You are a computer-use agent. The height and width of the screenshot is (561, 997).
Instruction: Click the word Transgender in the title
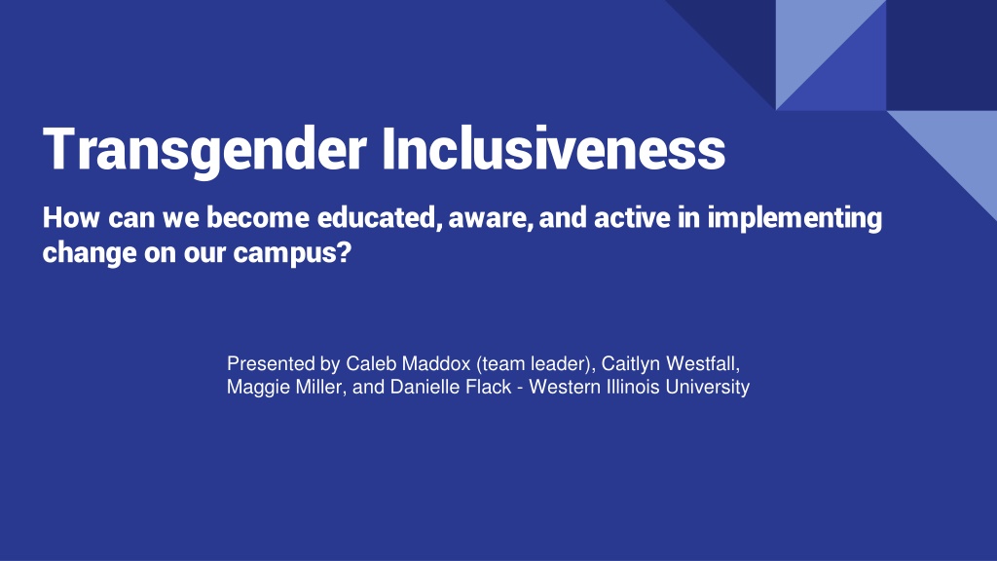click(x=204, y=150)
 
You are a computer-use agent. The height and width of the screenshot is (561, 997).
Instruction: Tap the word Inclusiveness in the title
click(x=554, y=148)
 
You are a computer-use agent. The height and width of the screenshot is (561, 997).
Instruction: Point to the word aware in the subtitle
click(x=491, y=219)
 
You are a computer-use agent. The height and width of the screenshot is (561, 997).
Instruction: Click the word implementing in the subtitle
click(x=794, y=219)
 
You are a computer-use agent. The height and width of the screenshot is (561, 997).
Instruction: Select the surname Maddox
click(x=435, y=364)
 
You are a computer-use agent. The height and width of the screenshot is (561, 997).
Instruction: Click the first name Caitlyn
click(x=631, y=364)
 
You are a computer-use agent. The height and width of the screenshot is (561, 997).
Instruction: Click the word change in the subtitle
click(x=90, y=253)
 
